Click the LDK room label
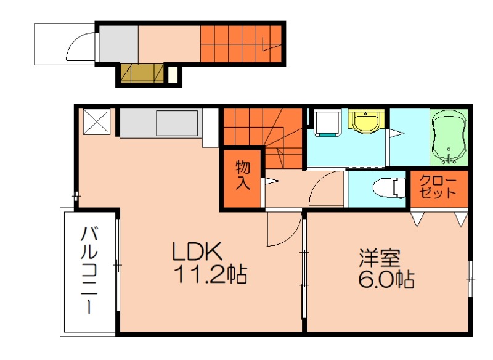(196, 252)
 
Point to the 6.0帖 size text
(386, 280)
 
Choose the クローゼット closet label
(438, 186)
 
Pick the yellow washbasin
(366, 121)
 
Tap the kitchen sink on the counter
(177, 123)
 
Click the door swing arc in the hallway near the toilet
(324, 189)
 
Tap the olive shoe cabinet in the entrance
(142, 73)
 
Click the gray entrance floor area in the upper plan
(118, 43)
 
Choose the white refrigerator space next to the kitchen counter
(210, 128)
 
